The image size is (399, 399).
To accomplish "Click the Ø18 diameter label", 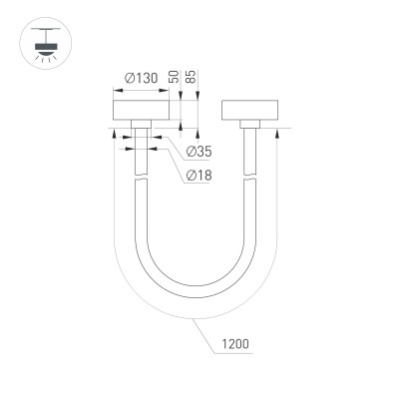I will (x=199, y=176).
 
